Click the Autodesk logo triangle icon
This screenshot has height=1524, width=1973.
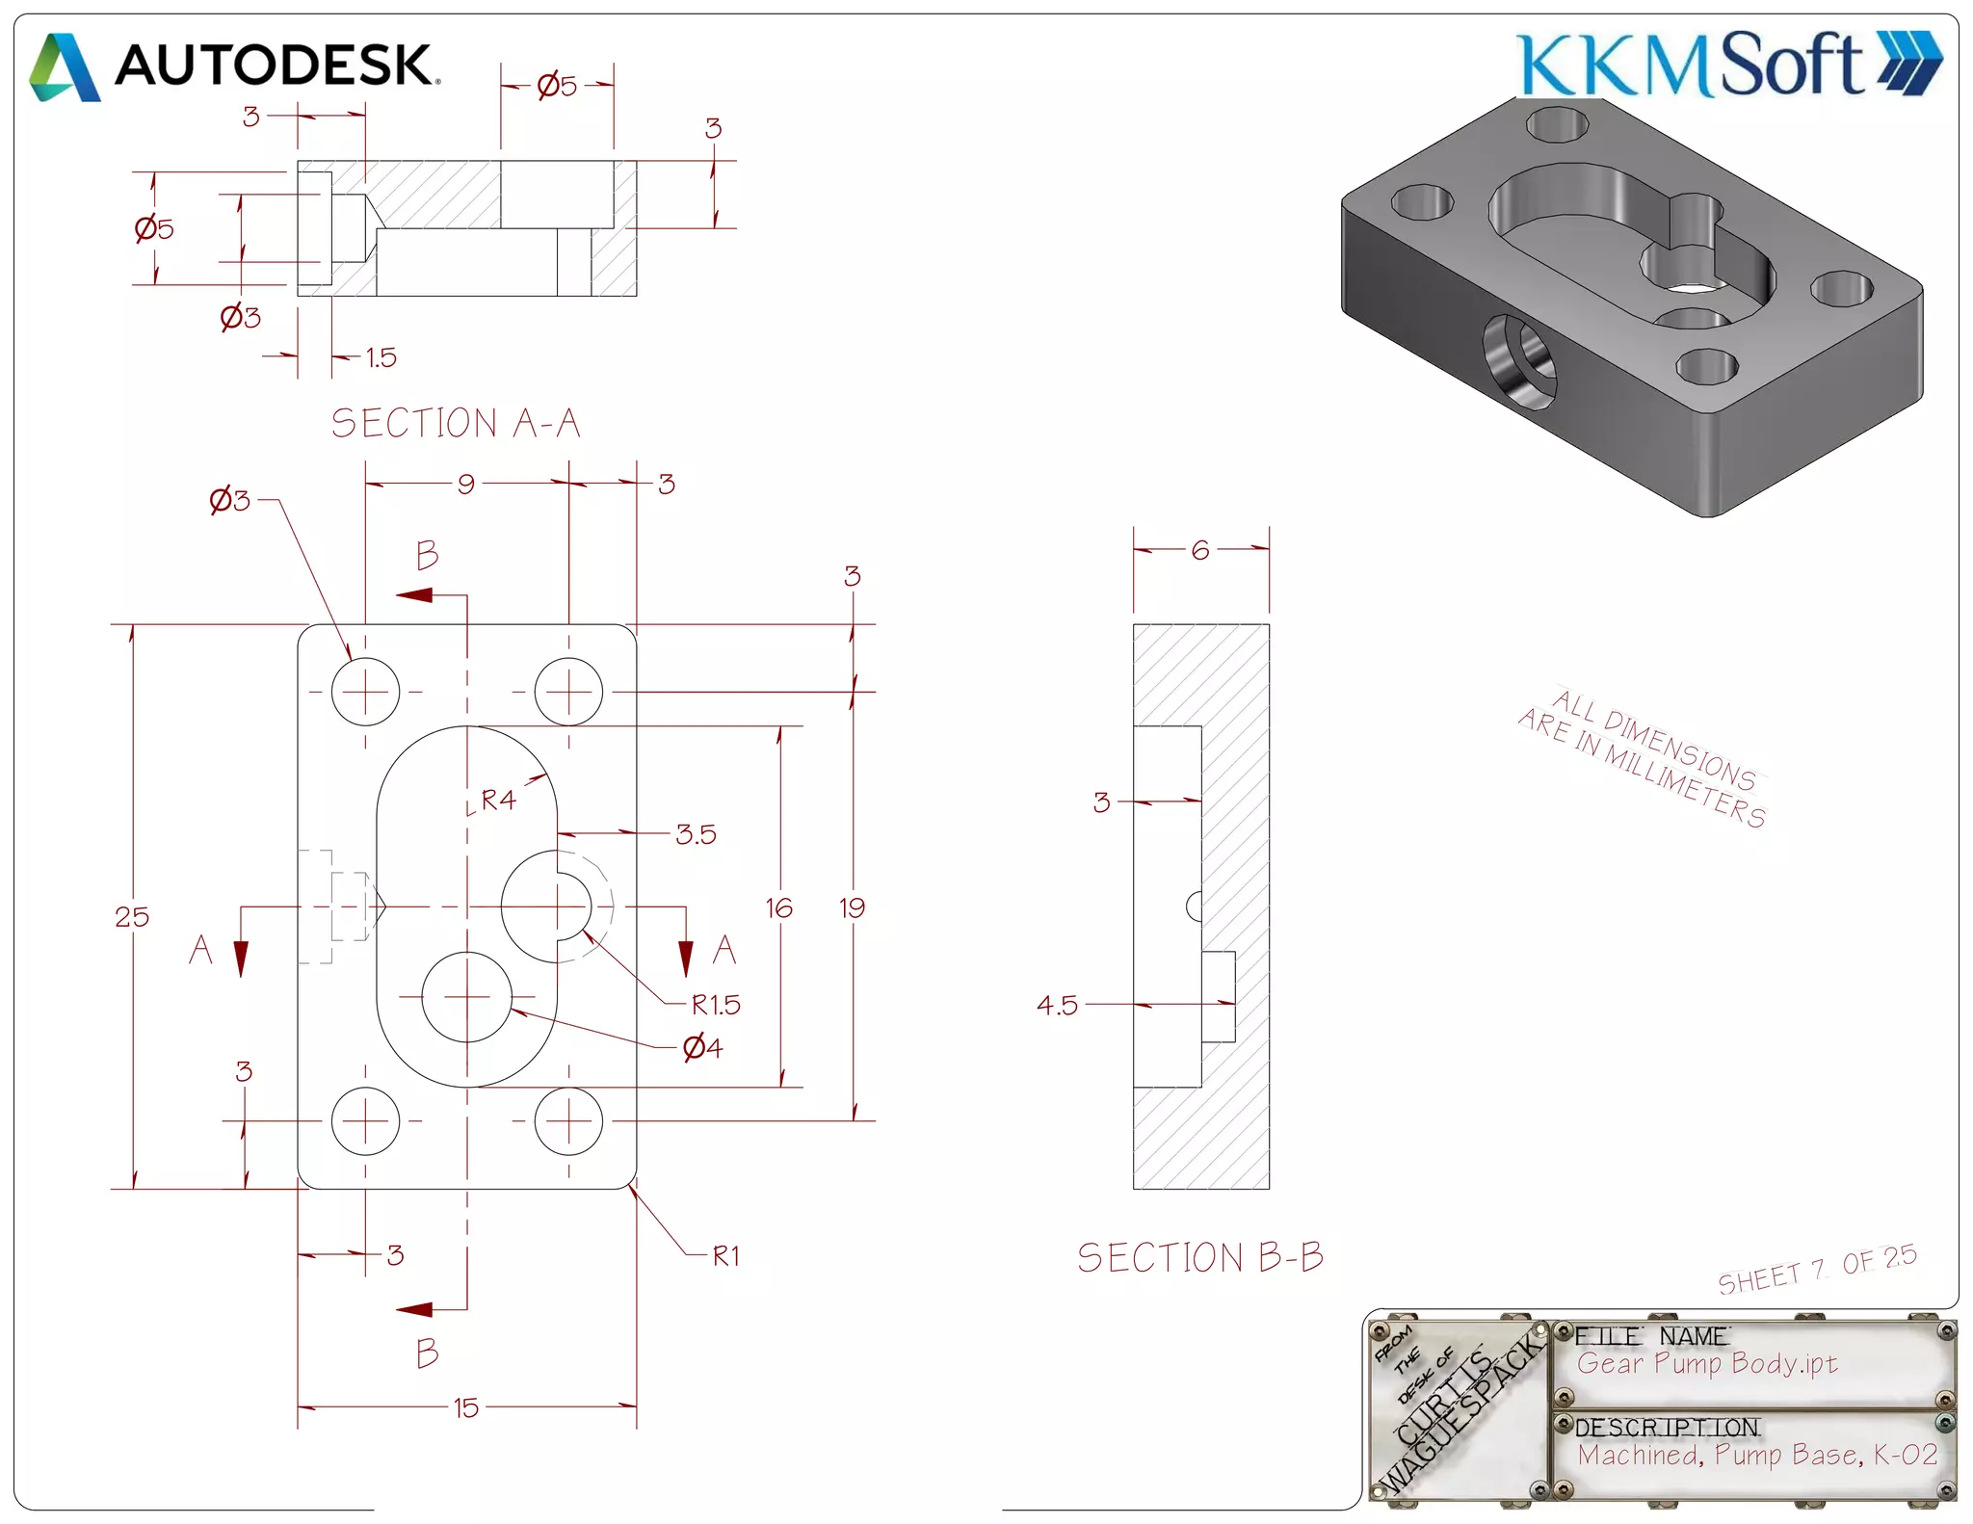(65, 67)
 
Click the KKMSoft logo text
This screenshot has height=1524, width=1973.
(1691, 65)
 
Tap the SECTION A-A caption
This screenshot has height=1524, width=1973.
(456, 424)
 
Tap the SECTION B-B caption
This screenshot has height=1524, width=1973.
(1200, 1258)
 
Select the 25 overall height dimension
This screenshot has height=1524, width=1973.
(132, 917)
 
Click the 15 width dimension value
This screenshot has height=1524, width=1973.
(466, 1408)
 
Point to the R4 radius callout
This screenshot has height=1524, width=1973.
(499, 800)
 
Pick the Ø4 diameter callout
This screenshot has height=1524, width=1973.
(703, 1047)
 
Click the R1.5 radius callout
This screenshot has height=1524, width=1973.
(716, 1006)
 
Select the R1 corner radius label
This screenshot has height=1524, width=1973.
(726, 1256)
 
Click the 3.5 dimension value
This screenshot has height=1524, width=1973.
(696, 834)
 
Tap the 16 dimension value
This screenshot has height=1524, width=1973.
(778, 908)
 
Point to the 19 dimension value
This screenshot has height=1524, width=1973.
(852, 907)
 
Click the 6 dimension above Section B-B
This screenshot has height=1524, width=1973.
(1200, 550)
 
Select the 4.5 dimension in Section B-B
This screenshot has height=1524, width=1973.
(1057, 1006)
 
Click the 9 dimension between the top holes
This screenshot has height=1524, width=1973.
(466, 484)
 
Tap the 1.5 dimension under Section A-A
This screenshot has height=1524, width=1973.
(381, 358)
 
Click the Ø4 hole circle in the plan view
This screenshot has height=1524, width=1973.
(466, 998)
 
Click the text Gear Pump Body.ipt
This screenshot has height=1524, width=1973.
(1707, 1364)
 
